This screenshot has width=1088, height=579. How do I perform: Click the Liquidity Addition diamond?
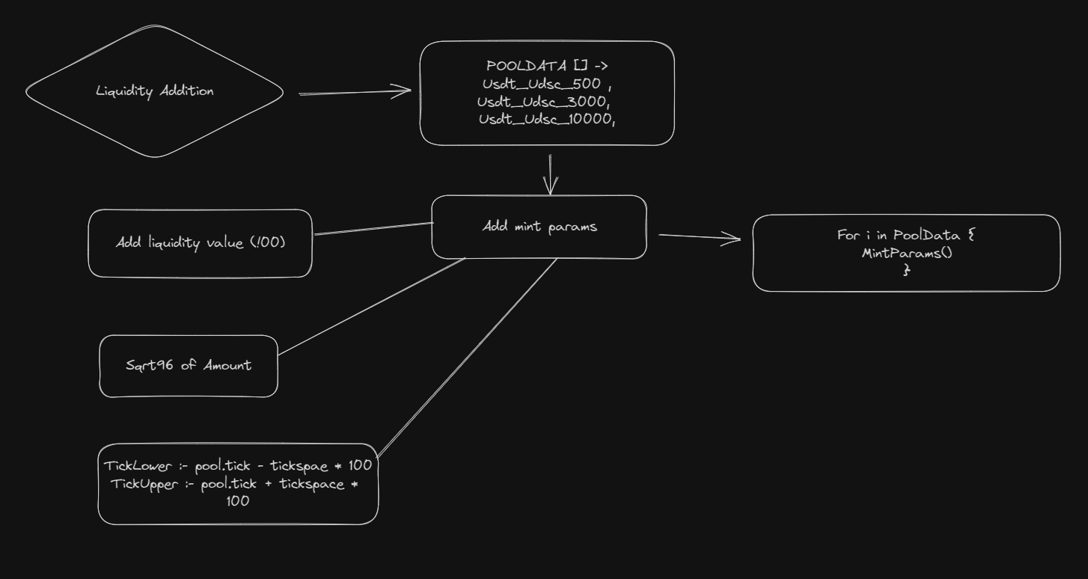(x=155, y=91)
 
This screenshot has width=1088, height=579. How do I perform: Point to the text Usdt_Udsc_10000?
(x=546, y=118)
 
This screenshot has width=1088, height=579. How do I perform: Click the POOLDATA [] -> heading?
(x=547, y=66)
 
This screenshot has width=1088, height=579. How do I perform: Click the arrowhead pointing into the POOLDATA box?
(x=404, y=91)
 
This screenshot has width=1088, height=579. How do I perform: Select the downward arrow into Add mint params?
(x=551, y=176)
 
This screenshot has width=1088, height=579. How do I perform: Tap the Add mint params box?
(x=539, y=227)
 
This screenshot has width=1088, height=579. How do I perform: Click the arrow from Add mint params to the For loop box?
(x=700, y=237)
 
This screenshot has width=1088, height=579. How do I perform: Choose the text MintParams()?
(x=906, y=253)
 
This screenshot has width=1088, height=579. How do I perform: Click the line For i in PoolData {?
(x=906, y=235)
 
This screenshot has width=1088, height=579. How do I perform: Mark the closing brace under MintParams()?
(x=906, y=270)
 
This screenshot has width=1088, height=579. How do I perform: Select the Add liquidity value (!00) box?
(x=200, y=243)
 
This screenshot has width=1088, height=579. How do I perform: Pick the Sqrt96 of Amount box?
(x=189, y=366)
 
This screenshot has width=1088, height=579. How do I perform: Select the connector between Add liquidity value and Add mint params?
(x=374, y=228)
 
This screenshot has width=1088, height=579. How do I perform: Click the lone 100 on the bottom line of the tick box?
(x=237, y=502)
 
